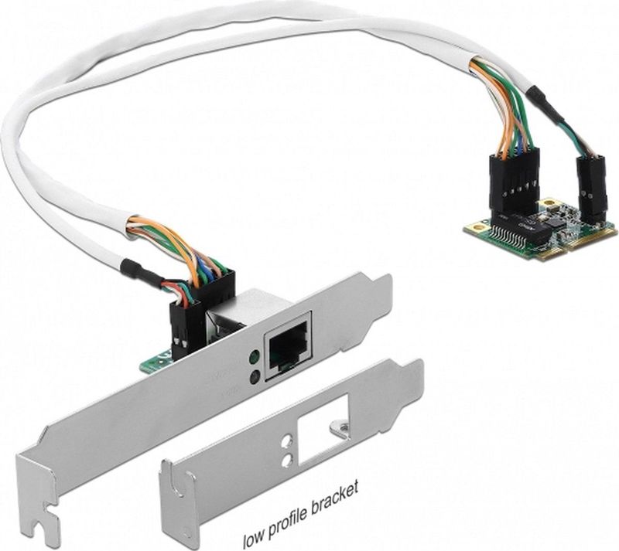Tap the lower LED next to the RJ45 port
coord(254,377)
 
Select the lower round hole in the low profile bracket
coord(287,461)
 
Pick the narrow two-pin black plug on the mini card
coord(590,186)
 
